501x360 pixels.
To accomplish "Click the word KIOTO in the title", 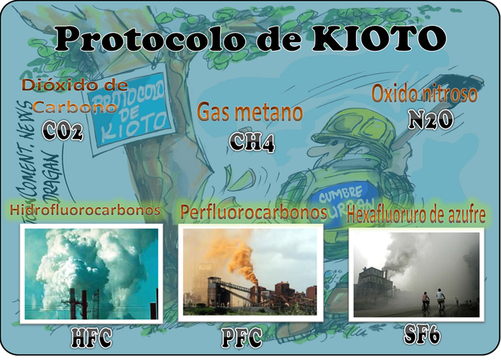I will (x=383, y=36).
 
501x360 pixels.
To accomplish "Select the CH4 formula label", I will (x=252, y=141).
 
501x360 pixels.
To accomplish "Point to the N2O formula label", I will (x=431, y=119).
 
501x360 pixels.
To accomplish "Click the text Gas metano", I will (x=250, y=112).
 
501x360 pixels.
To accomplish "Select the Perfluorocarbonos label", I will (x=253, y=211).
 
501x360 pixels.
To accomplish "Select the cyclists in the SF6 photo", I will (x=433, y=300).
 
